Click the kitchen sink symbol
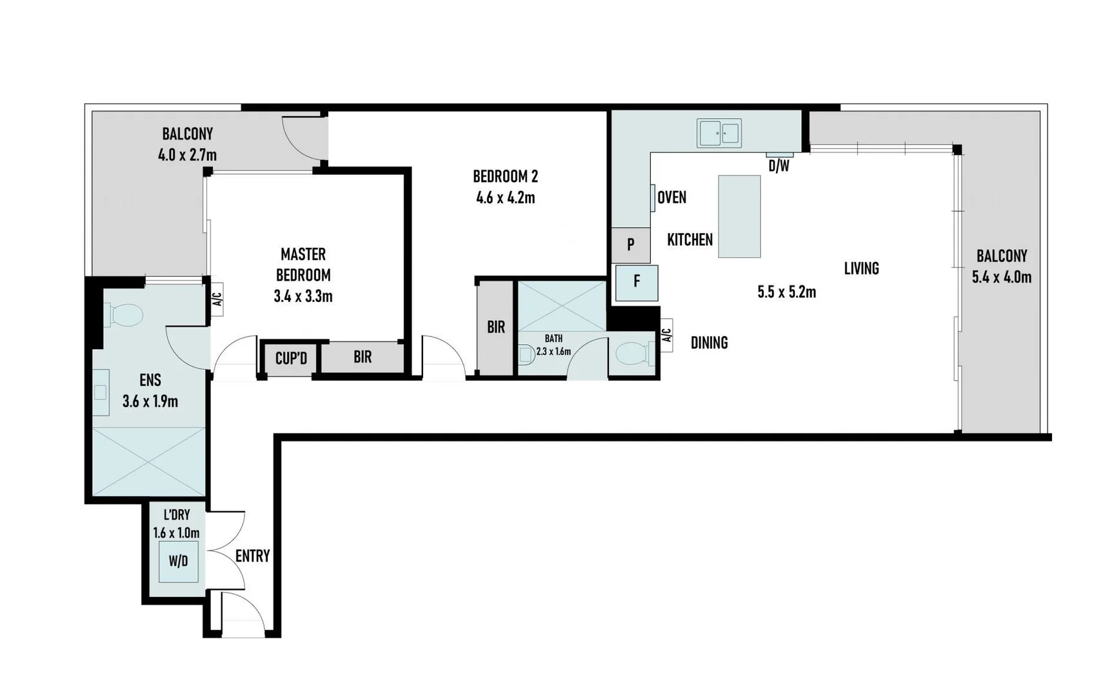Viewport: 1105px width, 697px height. (719, 134)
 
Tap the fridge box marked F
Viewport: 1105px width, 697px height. (637, 283)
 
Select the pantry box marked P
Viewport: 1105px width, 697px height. (630, 245)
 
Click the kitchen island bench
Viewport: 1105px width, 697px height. (739, 216)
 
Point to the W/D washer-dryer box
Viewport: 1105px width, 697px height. (178, 561)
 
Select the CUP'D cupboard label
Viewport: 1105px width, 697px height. (291, 358)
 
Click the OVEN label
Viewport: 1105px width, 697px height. (672, 197)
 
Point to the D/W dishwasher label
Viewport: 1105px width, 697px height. (779, 167)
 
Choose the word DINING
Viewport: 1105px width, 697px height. (709, 343)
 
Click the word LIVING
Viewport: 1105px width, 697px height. (861, 268)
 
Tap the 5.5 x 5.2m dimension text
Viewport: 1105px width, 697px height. (786, 292)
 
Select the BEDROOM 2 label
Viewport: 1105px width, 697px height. (505, 176)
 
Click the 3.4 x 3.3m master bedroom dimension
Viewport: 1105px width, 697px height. (303, 297)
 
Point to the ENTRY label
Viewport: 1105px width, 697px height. (252, 556)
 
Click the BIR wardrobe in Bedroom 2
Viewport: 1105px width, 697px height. (495, 327)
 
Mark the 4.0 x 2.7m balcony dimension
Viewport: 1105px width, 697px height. (187, 155)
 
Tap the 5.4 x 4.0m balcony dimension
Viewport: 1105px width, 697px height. (1001, 278)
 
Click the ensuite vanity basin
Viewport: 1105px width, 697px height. (101, 392)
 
